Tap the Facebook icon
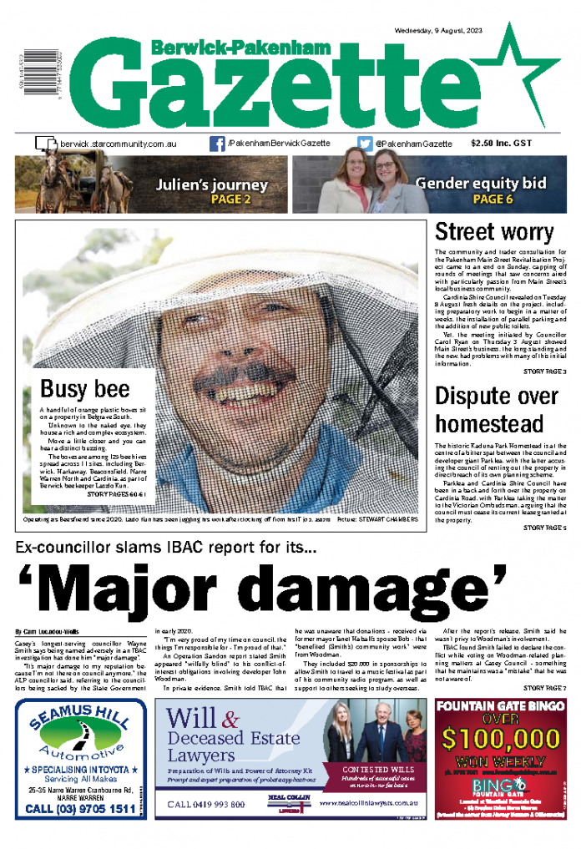(x=216, y=144)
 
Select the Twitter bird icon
(x=365, y=144)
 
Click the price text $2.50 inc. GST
(x=501, y=144)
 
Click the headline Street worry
(x=494, y=232)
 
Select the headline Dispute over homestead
(x=497, y=408)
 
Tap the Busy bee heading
(x=85, y=388)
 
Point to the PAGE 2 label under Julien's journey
(x=212, y=200)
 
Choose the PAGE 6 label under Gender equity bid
(x=493, y=200)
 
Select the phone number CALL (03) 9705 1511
(x=80, y=809)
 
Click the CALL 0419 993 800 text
(x=206, y=804)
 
